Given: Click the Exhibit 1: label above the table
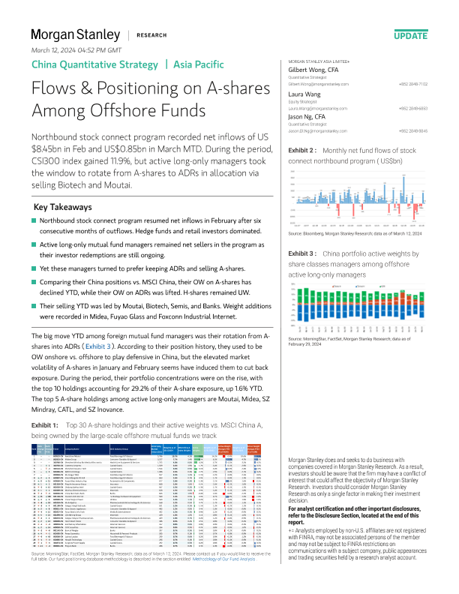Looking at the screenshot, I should click(46, 425).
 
